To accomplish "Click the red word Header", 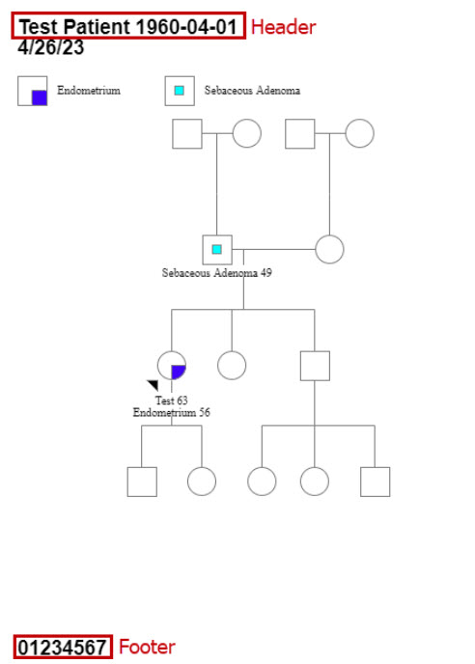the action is pyautogui.click(x=283, y=27).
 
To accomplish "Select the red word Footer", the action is pyautogui.click(x=147, y=647).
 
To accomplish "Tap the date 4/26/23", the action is pyautogui.click(x=51, y=47).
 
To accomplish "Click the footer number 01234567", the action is pyautogui.click(x=63, y=648).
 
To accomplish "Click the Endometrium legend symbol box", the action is pyautogui.click(x=32, y=91).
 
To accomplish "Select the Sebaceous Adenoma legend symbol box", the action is pyautogui.click(x=180, y=91).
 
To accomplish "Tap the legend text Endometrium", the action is pyautogui.click(x=89, y=90).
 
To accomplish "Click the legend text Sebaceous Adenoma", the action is pyautogui.click(x=252, y=90).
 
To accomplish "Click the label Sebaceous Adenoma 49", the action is pyautogui.click(x=217, y=273).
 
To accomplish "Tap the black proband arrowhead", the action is pyautogui.click(x=154, y=384).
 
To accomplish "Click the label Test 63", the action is pyautogui.click(x=171, y=401).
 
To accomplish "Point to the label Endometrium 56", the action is pyautogui.click(x=171, y=412).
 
